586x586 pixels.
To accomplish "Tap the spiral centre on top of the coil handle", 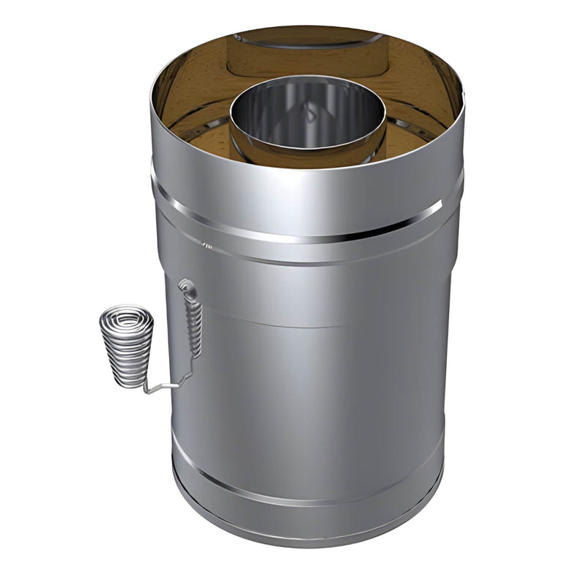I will tap(127, 320).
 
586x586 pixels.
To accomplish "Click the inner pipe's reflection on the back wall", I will tap(308, 55).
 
